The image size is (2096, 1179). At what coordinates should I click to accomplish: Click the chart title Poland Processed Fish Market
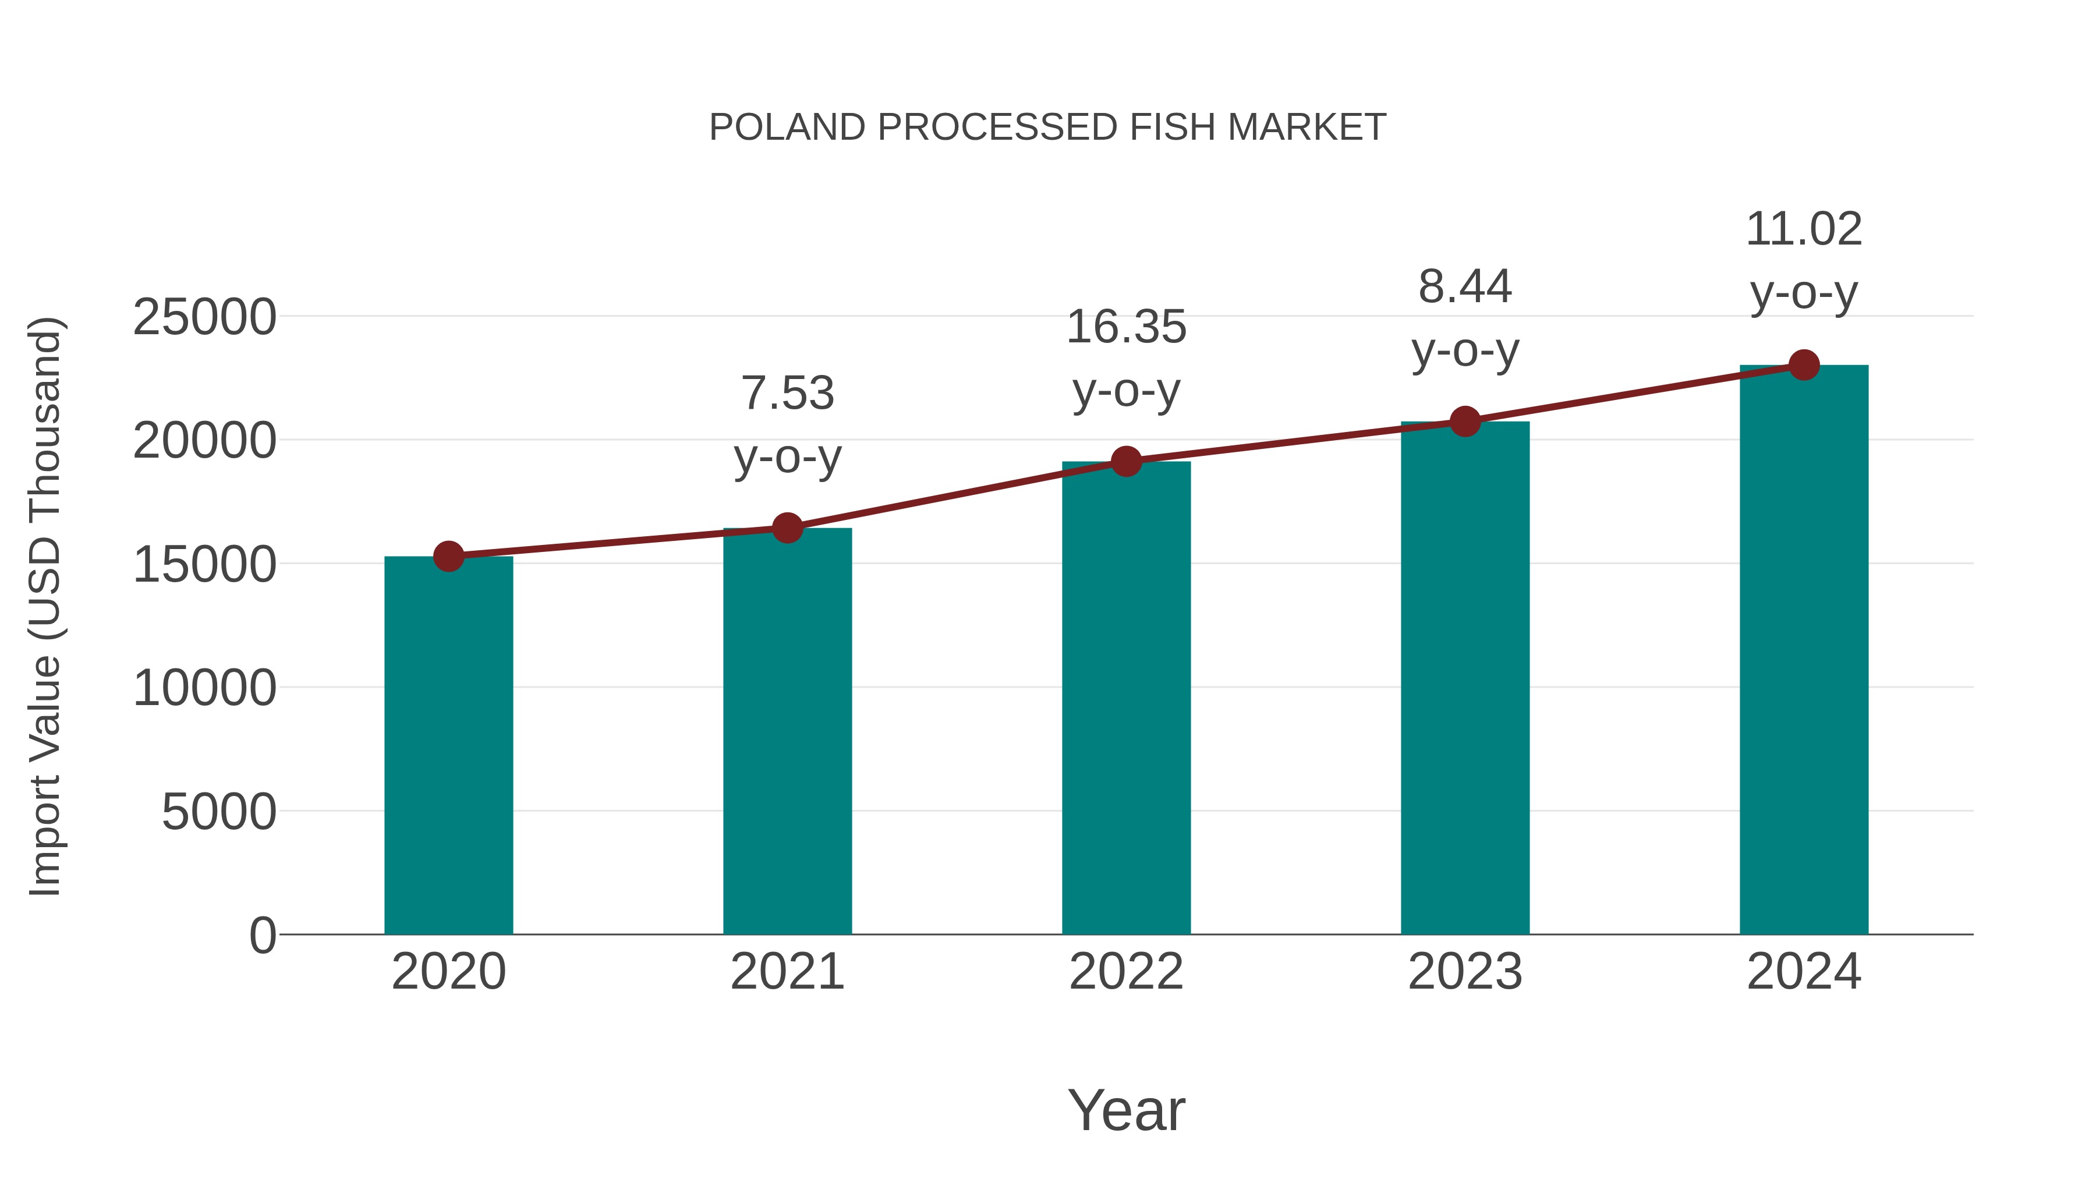coord(1047,128)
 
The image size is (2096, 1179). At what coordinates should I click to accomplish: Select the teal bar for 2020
coord(448,745)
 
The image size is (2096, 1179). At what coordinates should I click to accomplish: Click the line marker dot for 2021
coord(787,528)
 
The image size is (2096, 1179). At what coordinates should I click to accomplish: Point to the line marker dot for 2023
coord(1465,422)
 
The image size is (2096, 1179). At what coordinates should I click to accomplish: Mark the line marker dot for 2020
coord(448,557)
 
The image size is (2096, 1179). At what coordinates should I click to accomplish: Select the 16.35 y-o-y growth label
coord(1126,358)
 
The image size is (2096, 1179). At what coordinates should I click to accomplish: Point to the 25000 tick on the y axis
coord(204,317)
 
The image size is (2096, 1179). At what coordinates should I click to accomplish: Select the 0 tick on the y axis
coord(263,935)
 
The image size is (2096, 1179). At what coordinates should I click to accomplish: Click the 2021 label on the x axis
coord(787,972)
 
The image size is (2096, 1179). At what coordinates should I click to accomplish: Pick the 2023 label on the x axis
coord(1465,972)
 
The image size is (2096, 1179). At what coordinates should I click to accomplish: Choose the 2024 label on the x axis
coord(1804,972)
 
